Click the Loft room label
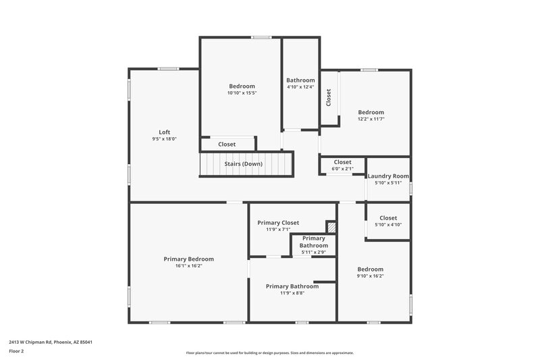tap(164, 132)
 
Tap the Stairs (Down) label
tap(244, 163)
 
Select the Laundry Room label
tap(388, 176)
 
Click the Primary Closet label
tap(278, 222)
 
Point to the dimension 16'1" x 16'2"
tap(188, 266)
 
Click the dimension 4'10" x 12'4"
tap(300, 86)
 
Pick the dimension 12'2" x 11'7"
tap(371, 119)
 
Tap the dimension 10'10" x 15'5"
tap(242, 93)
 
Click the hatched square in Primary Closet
tap(331, 226)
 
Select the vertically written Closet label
tap(329, 98)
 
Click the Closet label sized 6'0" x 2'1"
tap(342, 162)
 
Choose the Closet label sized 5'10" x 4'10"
tap(388, 218)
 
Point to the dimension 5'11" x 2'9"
tap(313, 252)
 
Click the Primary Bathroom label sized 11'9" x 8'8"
tap(292, 286)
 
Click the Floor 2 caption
tap(17, 351)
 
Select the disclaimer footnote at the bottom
tap(269, 353)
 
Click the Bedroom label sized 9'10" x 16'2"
tap(371, 269)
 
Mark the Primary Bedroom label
tap(188, 259)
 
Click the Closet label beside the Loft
tap(227, 144)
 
